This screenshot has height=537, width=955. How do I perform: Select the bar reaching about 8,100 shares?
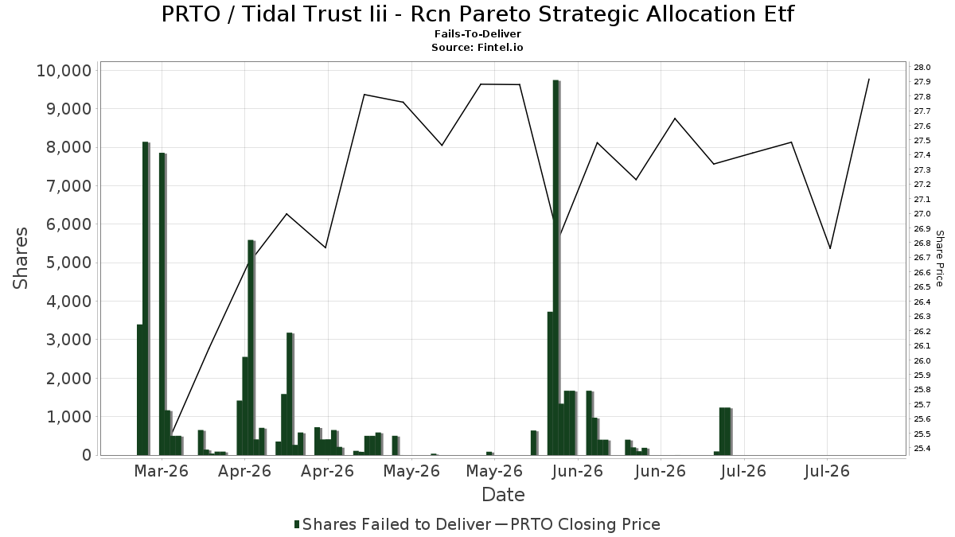pyautogui.click(x=146, y=298)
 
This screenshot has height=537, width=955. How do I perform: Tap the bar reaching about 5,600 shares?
pyautogui.click(x=251, y=348)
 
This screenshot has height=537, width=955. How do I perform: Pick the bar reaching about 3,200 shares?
pyautogui.click(x=290, y=394)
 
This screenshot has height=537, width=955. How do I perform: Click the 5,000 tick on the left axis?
pyautogui.click(x=68, y=263)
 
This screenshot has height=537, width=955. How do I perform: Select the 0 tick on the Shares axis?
pyautogui.click(x=87, y=455)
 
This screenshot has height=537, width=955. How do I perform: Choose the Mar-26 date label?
pyautogui.click(x=161, y=471)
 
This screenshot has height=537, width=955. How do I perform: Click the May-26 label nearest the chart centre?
pyautogui.click(x=494, y=471)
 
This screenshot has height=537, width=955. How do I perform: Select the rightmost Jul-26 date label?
pyautogui.click(x=827, y=471)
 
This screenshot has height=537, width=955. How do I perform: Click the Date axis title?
pyautogui.click(x=503, y=495)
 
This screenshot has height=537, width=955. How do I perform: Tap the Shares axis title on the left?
pyautogui.click(x=21, y=259)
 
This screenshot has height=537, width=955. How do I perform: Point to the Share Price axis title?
pyautogui.click(x=940, y=259)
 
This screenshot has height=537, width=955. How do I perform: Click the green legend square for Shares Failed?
pyautogui.click(x=297, y=524)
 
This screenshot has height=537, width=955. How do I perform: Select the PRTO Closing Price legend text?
pyautogui.click(x=585, y=524)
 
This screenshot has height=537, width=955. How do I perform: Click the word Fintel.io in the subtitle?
pyautogui.click(x=500, y=47)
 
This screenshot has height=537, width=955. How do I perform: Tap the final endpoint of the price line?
pyautogui.click(x=869, y=79)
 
